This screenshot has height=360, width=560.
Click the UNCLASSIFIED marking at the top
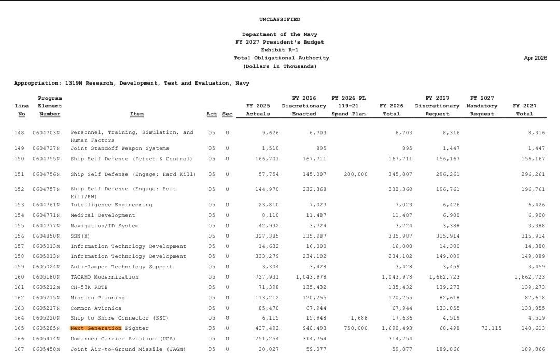(279, 19)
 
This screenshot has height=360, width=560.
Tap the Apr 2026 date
(535, 58)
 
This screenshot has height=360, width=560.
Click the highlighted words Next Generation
(96, 328)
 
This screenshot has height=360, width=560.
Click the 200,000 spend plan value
(355, 174)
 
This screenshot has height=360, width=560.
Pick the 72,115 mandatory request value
(491, 328)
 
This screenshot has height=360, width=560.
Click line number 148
(19, 133)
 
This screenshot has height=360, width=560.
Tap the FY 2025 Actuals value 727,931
(268, 277)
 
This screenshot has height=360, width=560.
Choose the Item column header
(137, 114)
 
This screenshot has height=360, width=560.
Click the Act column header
(211, 114)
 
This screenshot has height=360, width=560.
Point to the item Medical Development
(103, 215)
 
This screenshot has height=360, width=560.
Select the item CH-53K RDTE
(89, 287)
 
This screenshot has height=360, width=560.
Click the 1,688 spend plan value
(359, 318)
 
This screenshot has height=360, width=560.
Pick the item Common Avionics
(97, 308)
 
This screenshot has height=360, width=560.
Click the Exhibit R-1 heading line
(279, 50)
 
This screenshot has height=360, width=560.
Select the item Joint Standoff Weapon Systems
(120, 148)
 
